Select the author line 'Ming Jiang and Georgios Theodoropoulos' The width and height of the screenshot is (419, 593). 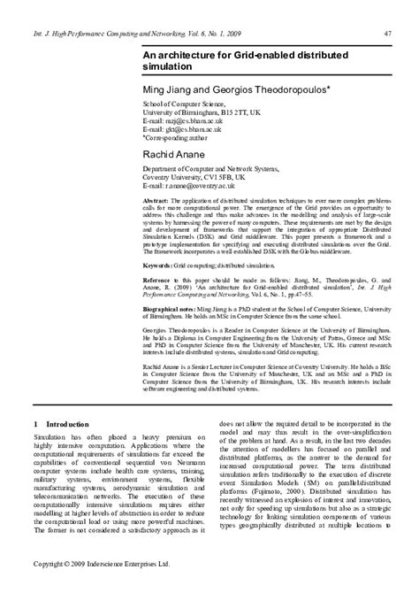[x=231, y=90]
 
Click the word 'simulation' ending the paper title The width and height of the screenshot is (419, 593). [x=166, y=66]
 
